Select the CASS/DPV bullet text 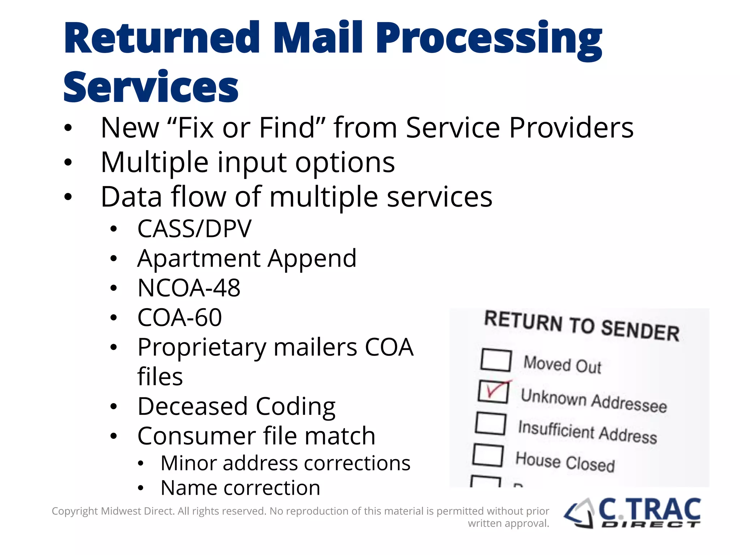[x=194, y=229]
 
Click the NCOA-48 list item [x=189, y=288]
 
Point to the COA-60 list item [x=180, y=318]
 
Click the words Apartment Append [x=247, y=258]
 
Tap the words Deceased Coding [x=237, y=406]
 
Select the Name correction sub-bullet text [x=240, y=488]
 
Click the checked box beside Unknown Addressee [x=493, y=392]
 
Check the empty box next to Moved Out [x=496, y=360]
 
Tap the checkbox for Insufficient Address [x=491, y=423]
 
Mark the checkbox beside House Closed [x=488, y=455]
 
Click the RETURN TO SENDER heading [x=581, y=326]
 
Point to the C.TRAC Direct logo [x=632, y=513]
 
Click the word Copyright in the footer [x=75, y=511]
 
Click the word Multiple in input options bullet [x=155, y=162]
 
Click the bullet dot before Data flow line [x=68, y=197]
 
